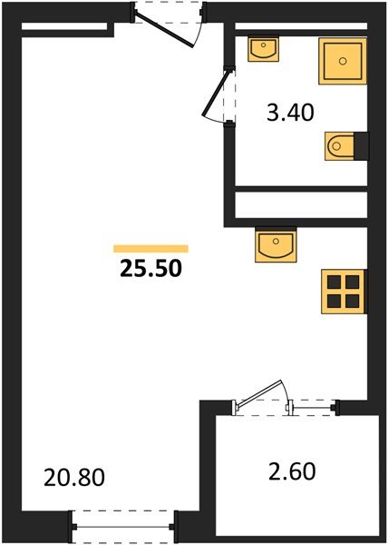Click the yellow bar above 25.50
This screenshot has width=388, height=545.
[151, 248]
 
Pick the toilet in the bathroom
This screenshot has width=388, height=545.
[341, 144]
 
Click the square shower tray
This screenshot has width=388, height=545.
[343, 61]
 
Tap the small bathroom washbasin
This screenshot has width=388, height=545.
[264, 49]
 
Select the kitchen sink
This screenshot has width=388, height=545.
[275, 244]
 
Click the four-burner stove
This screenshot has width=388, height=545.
[343, 290]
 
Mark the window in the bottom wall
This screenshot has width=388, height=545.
[123, 525]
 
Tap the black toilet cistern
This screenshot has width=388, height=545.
[361, 144]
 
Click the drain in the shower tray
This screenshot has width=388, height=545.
[343, 61]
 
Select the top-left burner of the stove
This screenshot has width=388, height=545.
[334, 281]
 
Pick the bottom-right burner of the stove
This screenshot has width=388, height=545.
[352, 300]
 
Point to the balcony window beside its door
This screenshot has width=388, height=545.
[313, 407]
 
